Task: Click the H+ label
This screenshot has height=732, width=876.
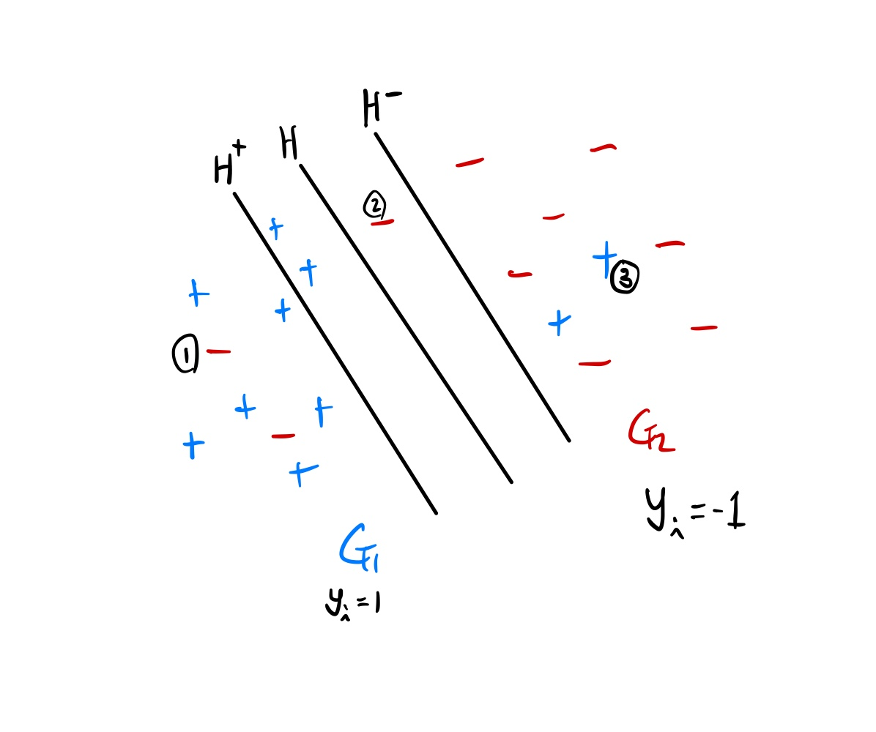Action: (229, 163)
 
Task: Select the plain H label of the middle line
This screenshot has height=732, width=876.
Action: (289, 143)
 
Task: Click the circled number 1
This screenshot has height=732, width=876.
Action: (185, 354)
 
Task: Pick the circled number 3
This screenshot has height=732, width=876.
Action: (625, 277)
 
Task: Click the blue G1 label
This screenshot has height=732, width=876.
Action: (362, 546)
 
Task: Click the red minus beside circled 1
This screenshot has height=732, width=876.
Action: (219, 352)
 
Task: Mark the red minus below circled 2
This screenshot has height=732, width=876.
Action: (383, 222)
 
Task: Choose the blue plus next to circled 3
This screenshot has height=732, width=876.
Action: (604, 257)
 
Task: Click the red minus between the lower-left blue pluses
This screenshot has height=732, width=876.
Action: (283, 436)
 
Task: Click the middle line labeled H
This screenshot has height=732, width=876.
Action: (406, 324)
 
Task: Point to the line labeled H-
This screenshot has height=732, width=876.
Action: (472, 287)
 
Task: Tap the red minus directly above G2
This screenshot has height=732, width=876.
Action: (594, 363)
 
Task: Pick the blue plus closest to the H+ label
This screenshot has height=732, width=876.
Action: (275, 228)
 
